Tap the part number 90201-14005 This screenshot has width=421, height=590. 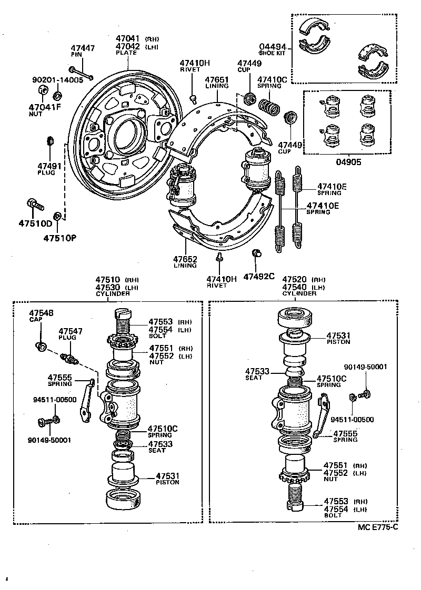[57, 80]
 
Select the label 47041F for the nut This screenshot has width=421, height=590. [45, 107]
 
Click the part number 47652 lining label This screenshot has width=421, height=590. [185, 259]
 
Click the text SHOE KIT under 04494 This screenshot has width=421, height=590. [273, 53]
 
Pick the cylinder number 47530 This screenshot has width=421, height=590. [108, 287]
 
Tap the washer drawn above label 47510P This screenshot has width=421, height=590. [58, 217]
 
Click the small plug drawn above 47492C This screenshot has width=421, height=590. [257, 254]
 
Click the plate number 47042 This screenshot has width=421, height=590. [128, 46]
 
